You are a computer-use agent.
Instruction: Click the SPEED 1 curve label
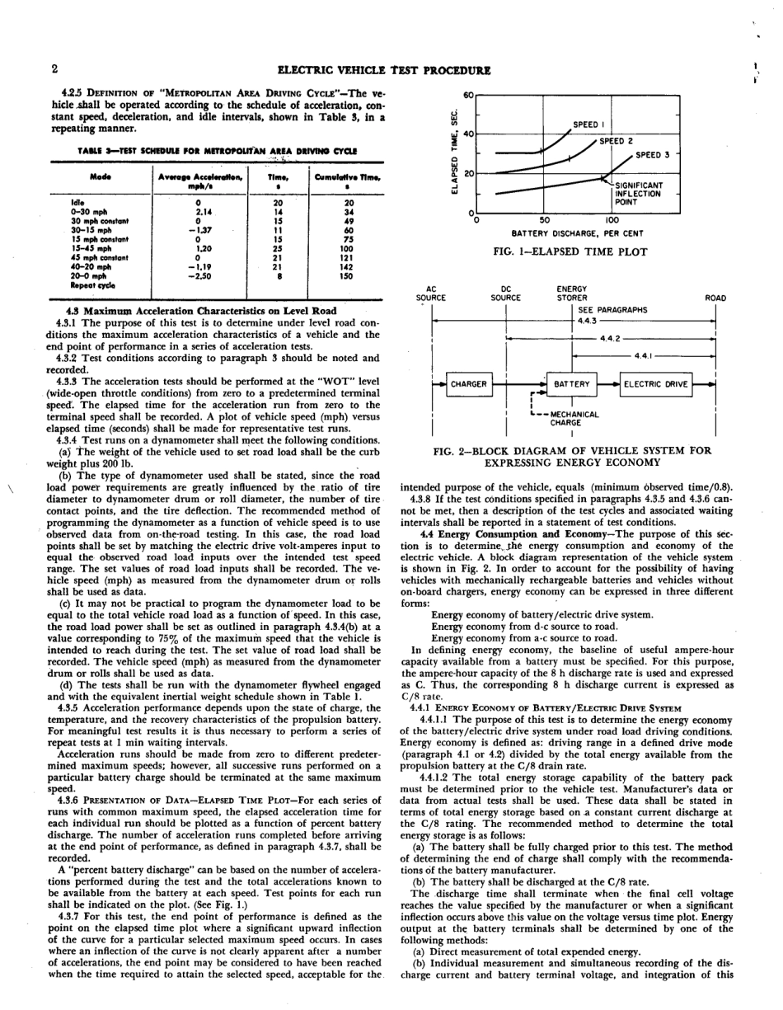pos(589,125)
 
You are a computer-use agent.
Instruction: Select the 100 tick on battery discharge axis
pos(612,220)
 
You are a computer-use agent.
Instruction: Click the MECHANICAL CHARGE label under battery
pos(574,418)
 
